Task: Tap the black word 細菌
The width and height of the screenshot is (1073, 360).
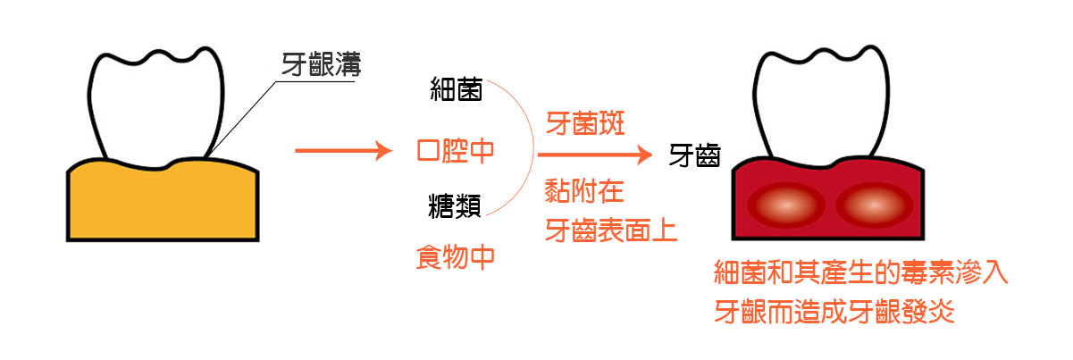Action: tap(456, 91)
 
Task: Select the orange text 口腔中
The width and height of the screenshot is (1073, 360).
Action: tap(456, 149)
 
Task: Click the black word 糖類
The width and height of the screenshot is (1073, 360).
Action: tap(456, 208)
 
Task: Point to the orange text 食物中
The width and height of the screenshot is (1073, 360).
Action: tap(456, 258)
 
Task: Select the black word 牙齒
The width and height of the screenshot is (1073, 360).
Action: tap(695, 157)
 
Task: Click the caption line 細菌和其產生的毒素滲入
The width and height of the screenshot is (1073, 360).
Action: tap(861, 272)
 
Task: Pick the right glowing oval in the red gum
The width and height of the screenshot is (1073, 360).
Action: tap(871, 205)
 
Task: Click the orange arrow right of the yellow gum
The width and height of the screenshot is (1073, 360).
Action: tap(343, 151)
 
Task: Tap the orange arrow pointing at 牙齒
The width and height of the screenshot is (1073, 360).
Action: tap(593, 156)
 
